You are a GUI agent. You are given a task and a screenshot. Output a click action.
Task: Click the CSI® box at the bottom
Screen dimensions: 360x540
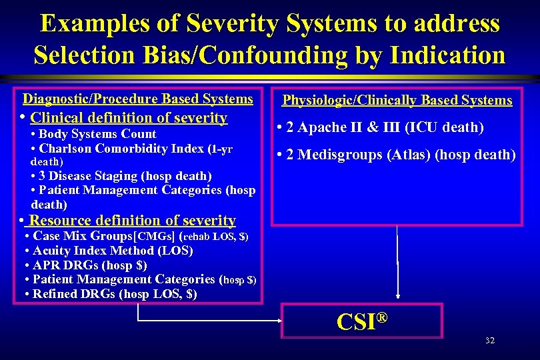362,321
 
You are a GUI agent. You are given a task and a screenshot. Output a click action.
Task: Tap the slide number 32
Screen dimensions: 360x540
490,341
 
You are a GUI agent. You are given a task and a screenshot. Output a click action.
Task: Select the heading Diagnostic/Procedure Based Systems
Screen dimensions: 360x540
138,99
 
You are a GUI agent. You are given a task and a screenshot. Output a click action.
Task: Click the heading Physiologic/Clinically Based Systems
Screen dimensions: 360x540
397,101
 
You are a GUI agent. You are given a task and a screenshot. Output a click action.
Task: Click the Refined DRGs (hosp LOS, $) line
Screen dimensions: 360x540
111,293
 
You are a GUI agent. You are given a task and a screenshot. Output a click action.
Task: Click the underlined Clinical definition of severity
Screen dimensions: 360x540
129,118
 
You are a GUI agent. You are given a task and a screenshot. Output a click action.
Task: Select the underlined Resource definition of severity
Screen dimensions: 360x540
133,220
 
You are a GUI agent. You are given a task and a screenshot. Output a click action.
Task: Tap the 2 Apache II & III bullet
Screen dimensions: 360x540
379,127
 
